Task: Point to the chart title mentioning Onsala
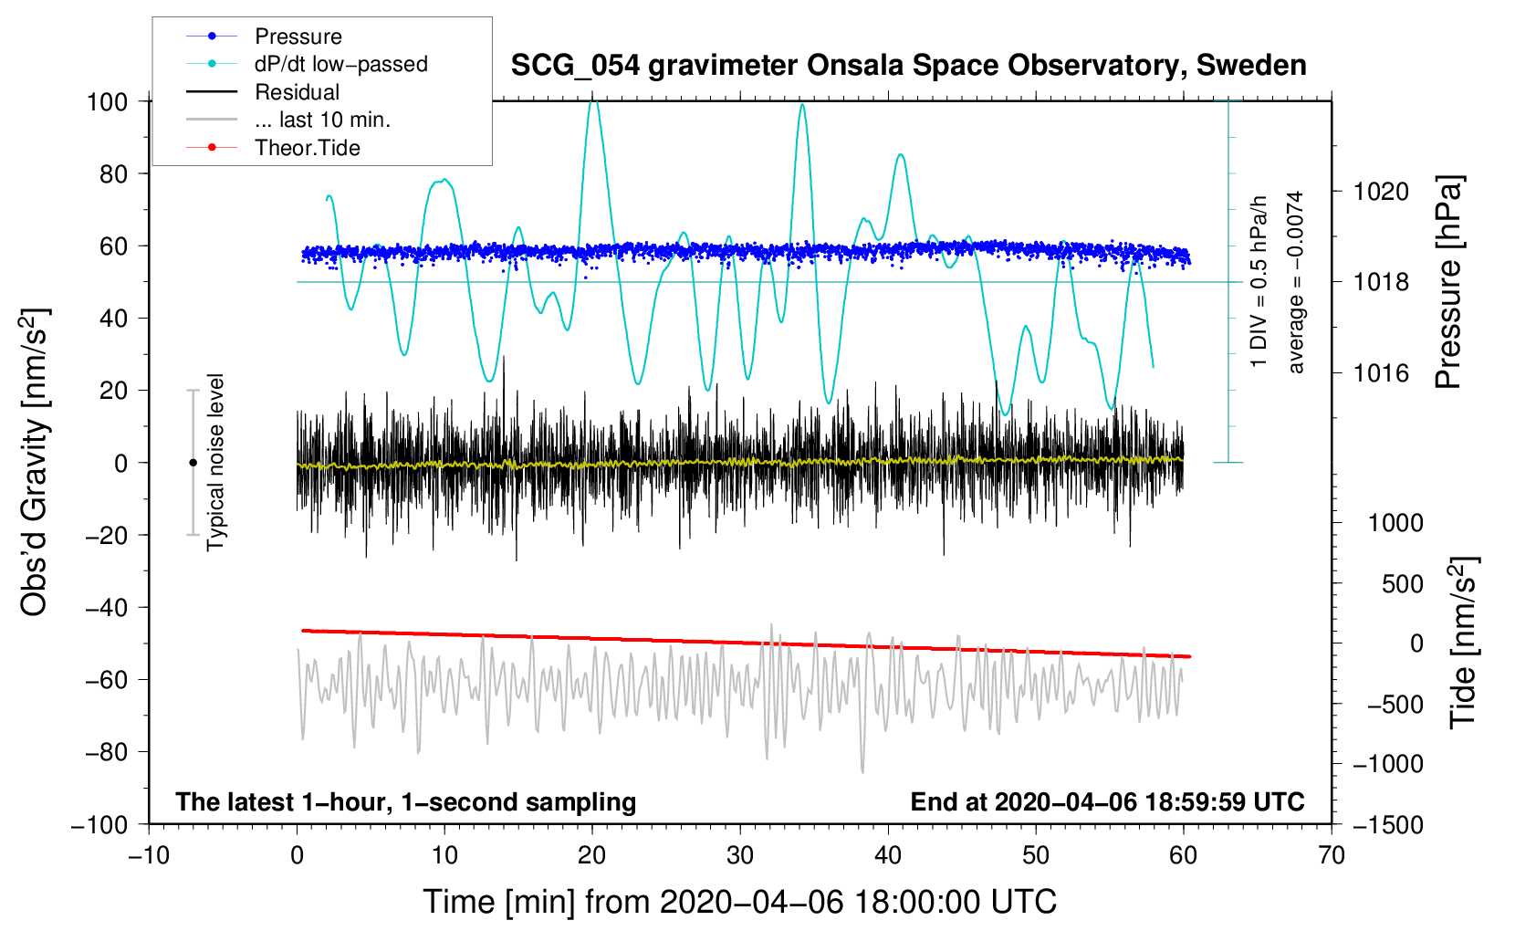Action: coord(908,66)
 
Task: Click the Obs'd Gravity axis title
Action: coord(34,462)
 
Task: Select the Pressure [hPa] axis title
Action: coord(1448,282)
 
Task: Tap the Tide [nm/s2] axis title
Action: coord(1464,643)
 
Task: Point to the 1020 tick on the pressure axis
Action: coord(1381,193)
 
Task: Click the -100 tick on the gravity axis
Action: coord(99,825)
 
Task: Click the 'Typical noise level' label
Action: coord(215,462)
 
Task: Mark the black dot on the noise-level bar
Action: coord(193,463)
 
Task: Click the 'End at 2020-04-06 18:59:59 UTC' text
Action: coord(1107,802)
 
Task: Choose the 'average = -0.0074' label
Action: coord(1294,282)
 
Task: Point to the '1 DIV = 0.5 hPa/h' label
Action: coord(1258,282)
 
